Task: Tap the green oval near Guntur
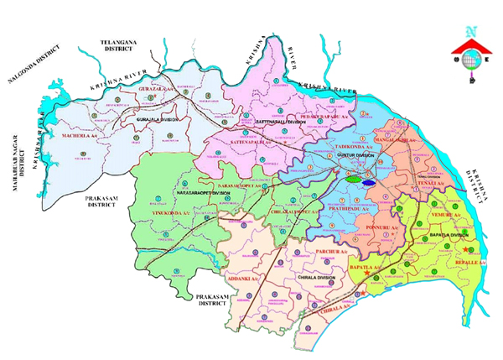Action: [350, 178]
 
